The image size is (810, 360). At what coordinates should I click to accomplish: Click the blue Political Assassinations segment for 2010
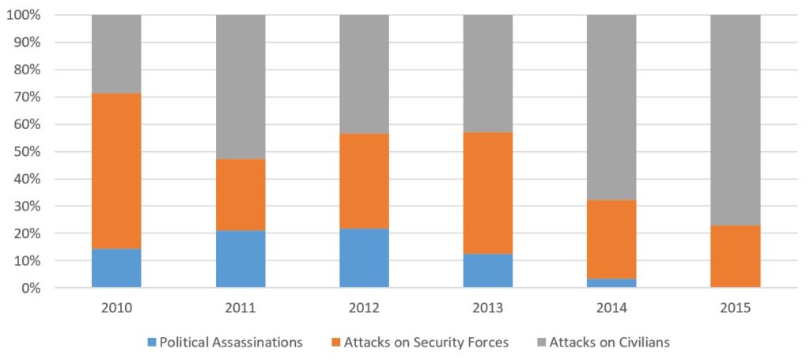(x=116, y=268)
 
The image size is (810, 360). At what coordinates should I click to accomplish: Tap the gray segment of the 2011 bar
(x=240, y=87)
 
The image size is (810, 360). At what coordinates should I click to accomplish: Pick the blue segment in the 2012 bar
(x=364, y=258)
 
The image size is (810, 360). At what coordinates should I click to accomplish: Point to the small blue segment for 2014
(x=611, y=282)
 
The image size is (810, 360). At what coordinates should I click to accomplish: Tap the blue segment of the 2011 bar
(x=240, y=259)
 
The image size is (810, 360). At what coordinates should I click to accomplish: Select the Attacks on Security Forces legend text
(x=423, y=342)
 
